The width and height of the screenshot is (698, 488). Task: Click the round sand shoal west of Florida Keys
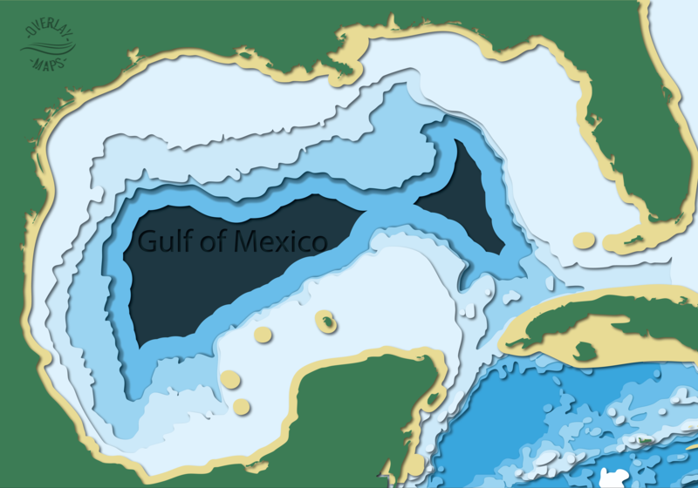(584, 240)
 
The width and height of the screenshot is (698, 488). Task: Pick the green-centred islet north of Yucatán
(325, 322)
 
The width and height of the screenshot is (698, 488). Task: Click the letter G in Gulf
(147, 241)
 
